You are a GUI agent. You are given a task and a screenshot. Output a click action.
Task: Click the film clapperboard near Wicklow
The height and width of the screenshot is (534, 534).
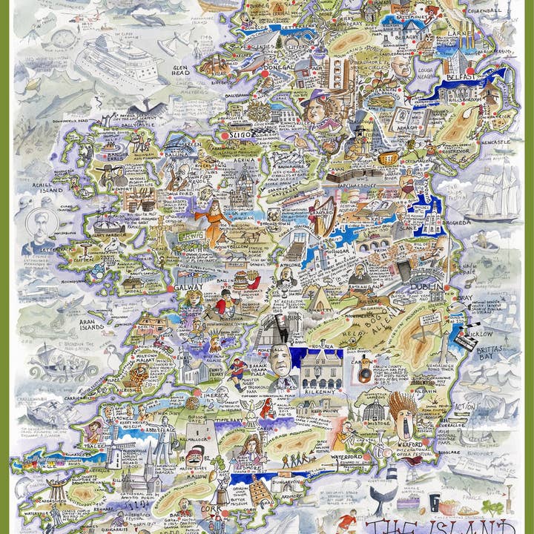469,328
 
